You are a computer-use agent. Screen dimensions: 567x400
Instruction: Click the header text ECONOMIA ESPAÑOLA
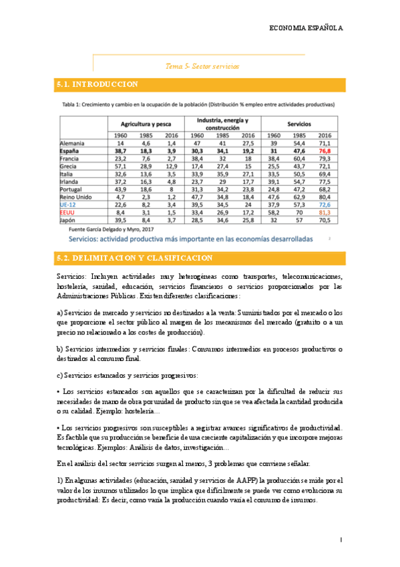tap(305, 28)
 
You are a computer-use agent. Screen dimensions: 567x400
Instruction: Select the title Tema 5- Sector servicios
tap(202, 66)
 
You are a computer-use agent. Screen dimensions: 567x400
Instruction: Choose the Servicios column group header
tap(298, 124)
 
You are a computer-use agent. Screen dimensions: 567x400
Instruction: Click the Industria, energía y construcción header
tap(222, 124)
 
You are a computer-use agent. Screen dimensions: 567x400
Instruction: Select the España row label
tap(70, 152)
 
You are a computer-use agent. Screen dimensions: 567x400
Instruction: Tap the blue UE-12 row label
tap(69, 205)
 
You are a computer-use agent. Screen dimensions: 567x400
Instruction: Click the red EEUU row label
tap(69, 212)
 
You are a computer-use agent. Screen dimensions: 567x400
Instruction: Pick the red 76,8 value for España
tap(325, 152)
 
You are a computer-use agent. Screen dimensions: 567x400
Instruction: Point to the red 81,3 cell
tap(325, 212)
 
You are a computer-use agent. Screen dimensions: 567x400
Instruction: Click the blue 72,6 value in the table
tap(325, 205)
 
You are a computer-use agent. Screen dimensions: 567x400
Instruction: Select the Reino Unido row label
tap(75, 197)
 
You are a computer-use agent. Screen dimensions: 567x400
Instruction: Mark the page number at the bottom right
tap(341, 539)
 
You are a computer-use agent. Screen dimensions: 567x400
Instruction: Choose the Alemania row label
tap(72, 144)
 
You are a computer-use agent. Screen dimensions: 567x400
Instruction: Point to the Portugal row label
tap(71, 189)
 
